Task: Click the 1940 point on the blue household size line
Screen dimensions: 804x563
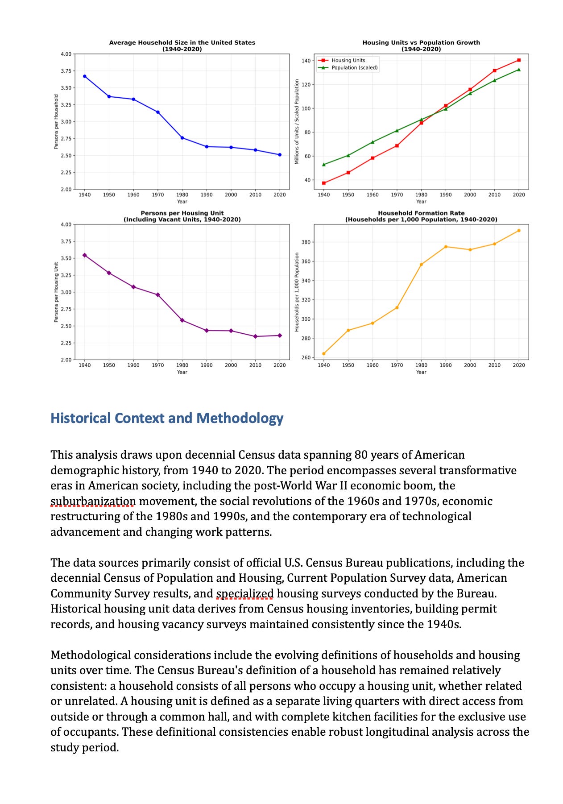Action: (85, 76)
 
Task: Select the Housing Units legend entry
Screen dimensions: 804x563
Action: (348, 60)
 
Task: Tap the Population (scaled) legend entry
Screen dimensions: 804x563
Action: (354, 68)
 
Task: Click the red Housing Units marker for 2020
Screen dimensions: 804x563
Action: (518, 60)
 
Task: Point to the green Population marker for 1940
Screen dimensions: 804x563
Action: (324, 165)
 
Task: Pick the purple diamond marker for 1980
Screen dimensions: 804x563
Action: (182, 320)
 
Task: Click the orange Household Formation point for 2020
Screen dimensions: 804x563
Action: (518, 231)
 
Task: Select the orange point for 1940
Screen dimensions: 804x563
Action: (324, 354)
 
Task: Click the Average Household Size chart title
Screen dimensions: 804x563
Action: (182, 46)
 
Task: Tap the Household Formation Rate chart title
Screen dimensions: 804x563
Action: (421, 216)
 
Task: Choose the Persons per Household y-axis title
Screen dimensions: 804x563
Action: (56, 121)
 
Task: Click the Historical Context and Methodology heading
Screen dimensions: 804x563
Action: (167, 419)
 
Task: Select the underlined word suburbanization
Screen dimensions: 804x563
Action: (93, 501)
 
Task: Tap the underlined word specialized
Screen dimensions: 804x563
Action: (245, 594)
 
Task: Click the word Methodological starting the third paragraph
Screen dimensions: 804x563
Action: (91, 655)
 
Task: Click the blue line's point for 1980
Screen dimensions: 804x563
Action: (182, 138)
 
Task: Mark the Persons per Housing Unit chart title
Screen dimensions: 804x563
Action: (182, 216)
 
